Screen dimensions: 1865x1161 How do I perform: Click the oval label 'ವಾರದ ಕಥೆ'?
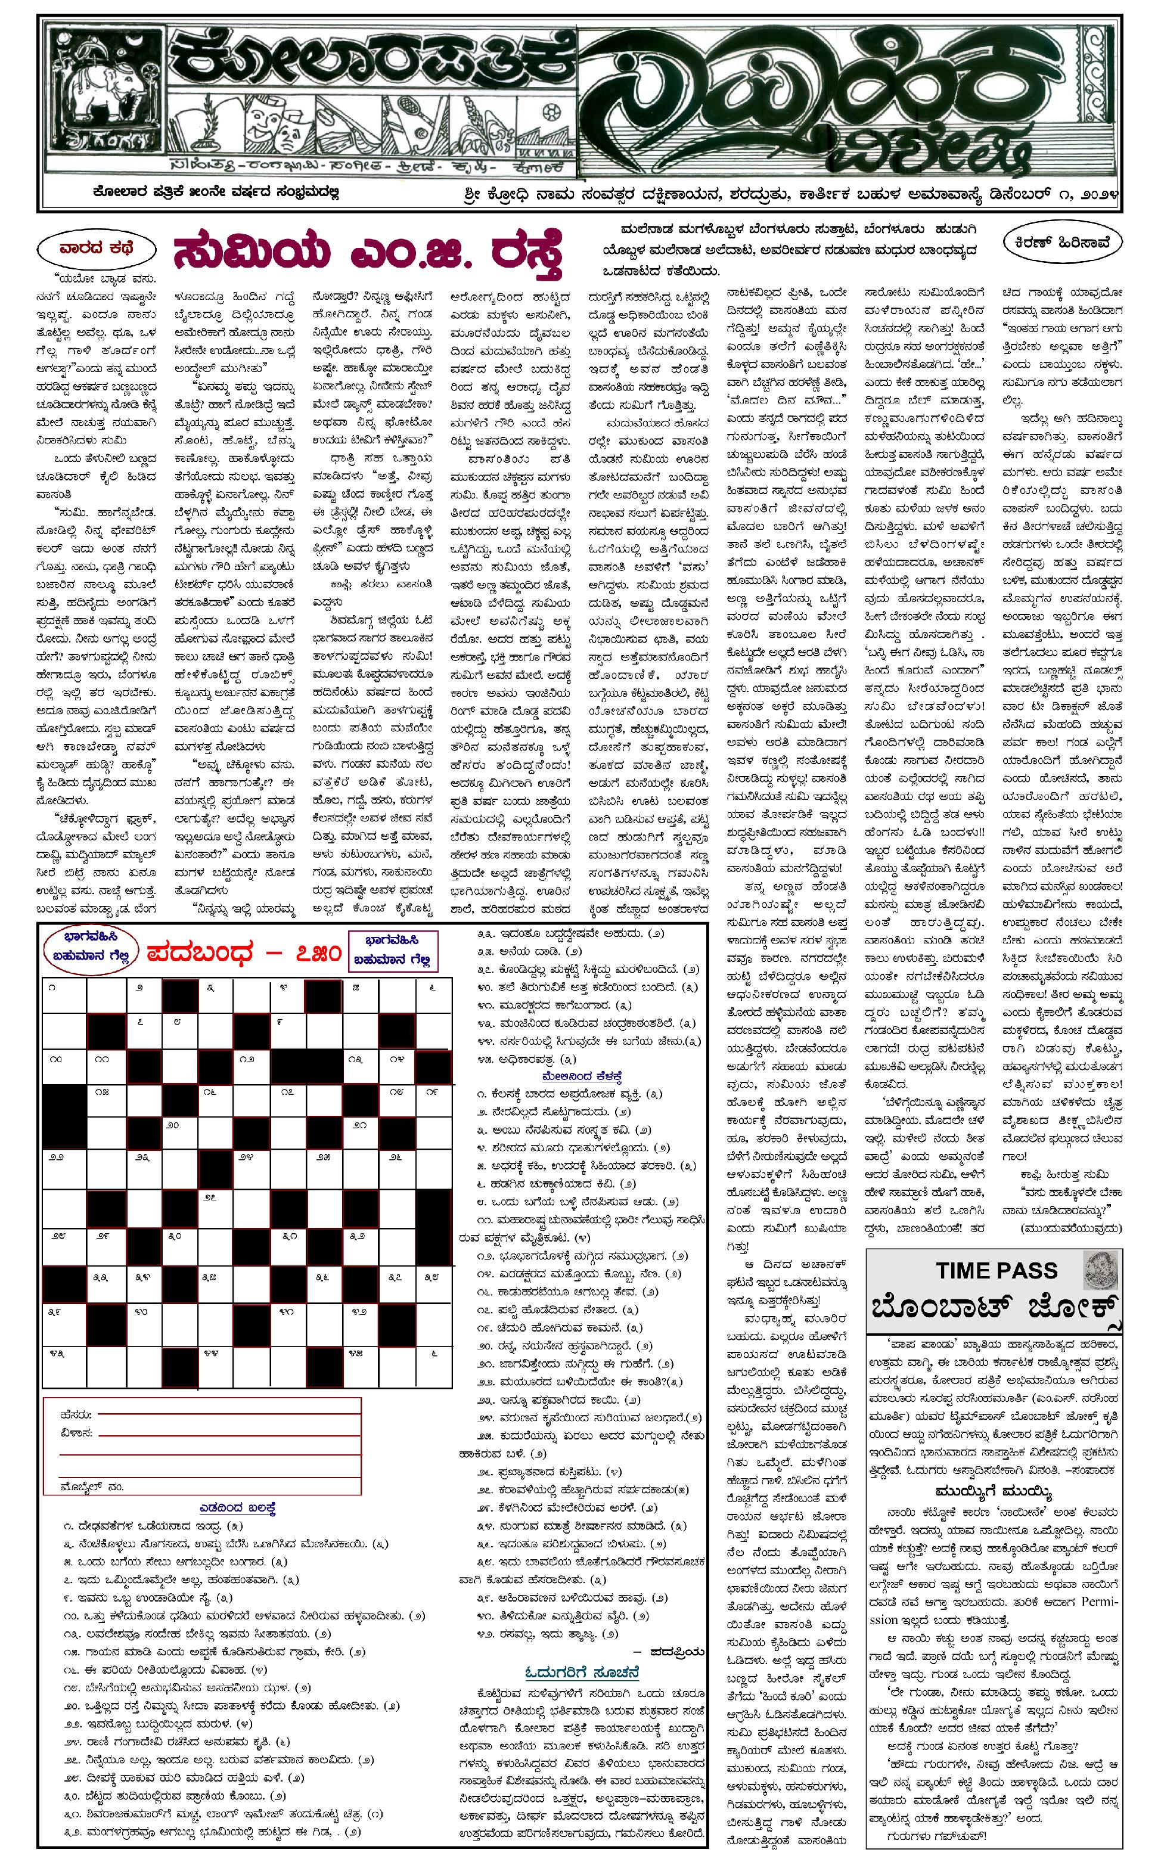click(x=95, y=248)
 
